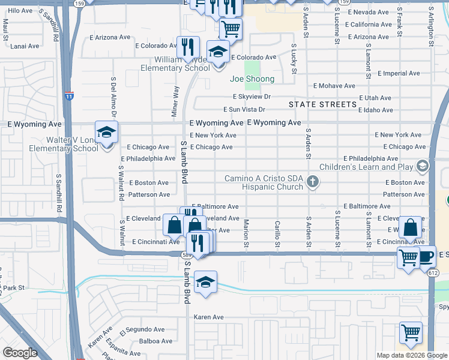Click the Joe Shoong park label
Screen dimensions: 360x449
click(x=252, y=79)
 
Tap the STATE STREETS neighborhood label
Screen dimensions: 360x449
click(x=323, y=104)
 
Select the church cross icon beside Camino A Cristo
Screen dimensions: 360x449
click(x=312, y=181)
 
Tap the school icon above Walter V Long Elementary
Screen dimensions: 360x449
click(x=107, y=132)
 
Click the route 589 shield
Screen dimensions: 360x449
click(x=187, y=254)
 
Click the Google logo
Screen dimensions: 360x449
click(x=20, y=353)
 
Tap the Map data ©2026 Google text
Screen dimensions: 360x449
click(x=411, y=355)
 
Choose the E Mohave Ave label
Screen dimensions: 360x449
click(x=334, y=86)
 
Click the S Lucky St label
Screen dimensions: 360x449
click(x=294, y=59)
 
